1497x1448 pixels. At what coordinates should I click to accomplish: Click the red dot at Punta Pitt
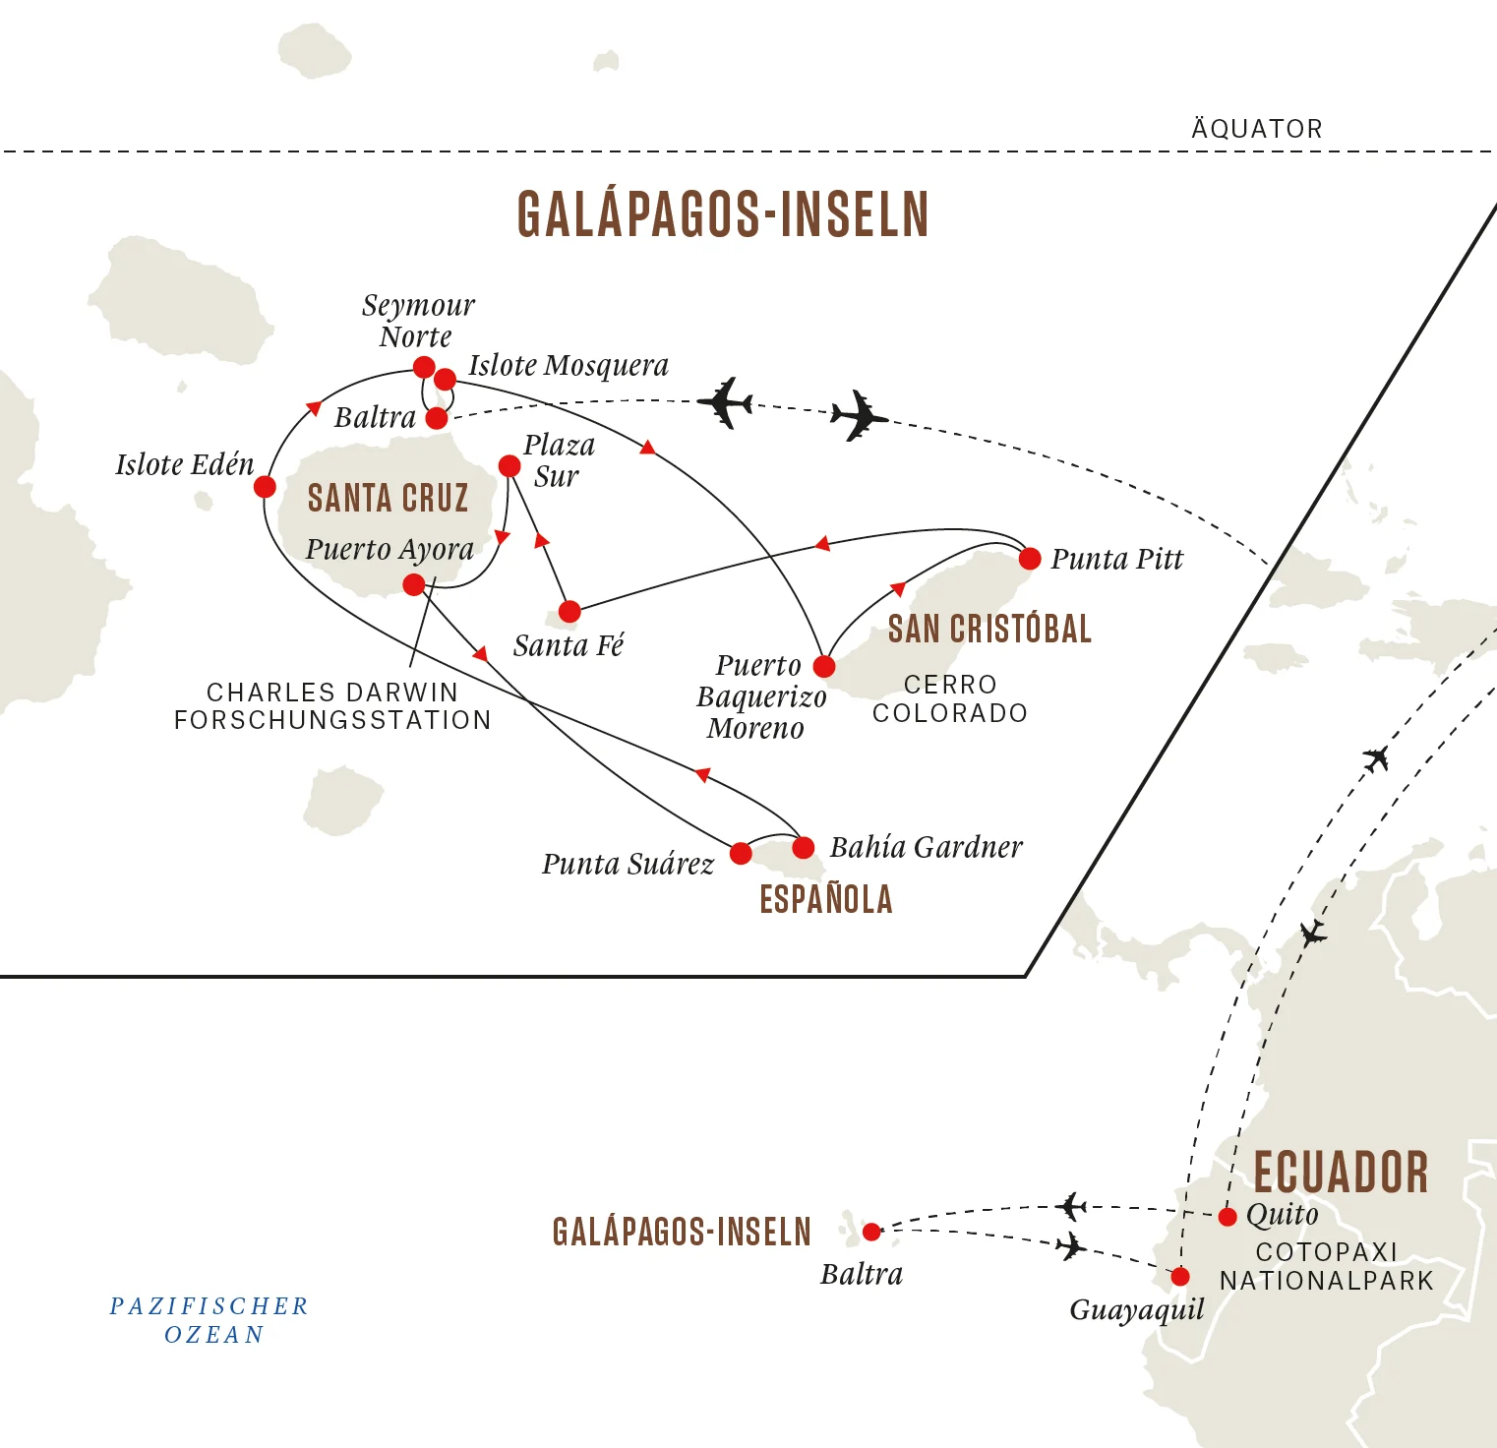[x=1030, y=559]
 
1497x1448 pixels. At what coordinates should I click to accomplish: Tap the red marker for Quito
[x=1228, y=1217]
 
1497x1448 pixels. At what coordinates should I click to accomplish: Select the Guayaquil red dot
[x=1180, y=1277]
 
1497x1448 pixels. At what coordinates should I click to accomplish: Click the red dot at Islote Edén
[x=265, y=486]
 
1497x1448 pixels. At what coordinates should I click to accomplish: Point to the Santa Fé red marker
[x=569, y=611]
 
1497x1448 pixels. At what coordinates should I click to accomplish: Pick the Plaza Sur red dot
[x=509, y=465]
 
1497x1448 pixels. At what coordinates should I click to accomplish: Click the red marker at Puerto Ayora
[x=414, y=585]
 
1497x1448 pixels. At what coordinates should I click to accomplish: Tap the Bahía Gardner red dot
[x=804, y=847]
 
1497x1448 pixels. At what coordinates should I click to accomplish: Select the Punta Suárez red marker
[x=742, y=853]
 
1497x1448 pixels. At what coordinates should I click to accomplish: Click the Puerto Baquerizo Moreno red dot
[x=824, y=666]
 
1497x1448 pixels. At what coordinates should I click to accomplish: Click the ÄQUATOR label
[x=1257, y=129]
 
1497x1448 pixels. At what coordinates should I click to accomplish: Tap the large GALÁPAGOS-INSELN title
[x=723, y=214]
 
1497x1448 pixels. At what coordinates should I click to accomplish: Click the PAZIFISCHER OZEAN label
[x=210, y=1320]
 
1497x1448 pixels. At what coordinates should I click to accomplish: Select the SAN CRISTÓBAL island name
[x=989, y=629]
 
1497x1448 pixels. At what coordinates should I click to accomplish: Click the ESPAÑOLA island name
[x=826, y=899]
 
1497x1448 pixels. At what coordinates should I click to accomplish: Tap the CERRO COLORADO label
[x=950, y=698]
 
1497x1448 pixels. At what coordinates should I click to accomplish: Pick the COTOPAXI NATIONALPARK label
[x=1327, y=1266]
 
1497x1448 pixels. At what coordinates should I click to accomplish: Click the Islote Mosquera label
[x=569, y=366]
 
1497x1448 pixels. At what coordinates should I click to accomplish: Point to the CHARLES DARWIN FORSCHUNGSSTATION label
[x=332, y=706]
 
